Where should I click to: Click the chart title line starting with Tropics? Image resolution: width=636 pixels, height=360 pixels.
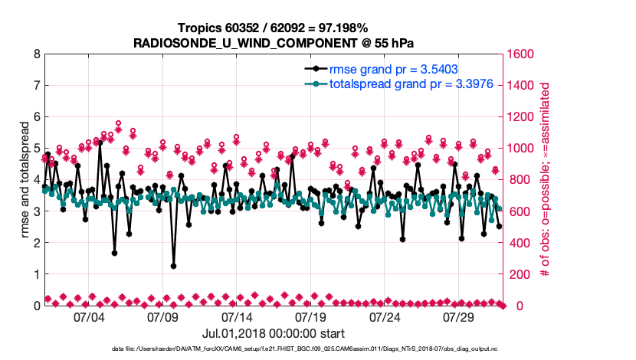(273, 28)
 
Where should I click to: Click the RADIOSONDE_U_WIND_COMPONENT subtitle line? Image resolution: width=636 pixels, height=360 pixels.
(273, 43)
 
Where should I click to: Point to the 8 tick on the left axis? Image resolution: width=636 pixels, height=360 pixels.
(37, 54)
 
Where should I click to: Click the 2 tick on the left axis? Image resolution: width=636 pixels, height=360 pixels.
(37, 243)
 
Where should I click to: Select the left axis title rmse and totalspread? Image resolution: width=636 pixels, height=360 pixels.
(25, 180)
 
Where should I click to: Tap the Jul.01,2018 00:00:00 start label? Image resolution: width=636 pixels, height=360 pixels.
(273, 333)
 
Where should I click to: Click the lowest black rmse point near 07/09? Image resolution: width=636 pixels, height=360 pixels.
(174, 266)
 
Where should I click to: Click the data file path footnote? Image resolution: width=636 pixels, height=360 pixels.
(315, 350)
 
